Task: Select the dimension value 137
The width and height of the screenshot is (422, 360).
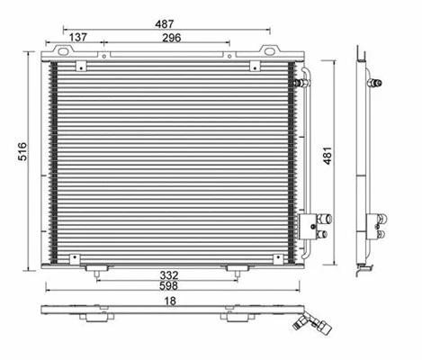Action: click(78, 38)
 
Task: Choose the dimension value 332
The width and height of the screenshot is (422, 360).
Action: click(169, 274)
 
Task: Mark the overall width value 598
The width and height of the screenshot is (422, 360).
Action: click(169, 286)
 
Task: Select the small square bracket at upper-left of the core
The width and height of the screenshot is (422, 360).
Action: click(81, 67)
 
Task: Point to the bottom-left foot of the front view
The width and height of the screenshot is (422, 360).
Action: click(97, 267)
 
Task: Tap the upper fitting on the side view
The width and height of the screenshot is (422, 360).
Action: click(376, 83)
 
